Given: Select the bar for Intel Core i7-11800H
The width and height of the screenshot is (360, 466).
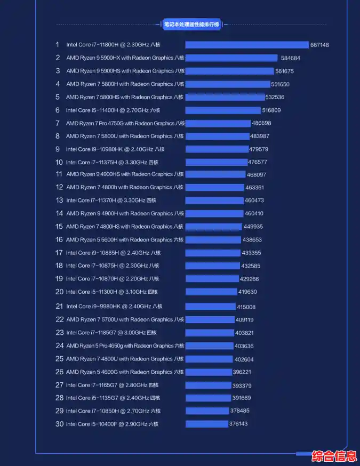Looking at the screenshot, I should click(x=247, y=45).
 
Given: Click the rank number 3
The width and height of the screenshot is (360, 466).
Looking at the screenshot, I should click(x=58, y=71).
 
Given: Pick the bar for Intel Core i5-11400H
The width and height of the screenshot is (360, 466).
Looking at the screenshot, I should click(x=223, y=110).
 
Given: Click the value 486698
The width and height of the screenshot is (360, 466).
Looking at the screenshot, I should click(x=261, y=123).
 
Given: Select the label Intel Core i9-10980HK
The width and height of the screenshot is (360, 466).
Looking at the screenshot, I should click(x=115, y=149).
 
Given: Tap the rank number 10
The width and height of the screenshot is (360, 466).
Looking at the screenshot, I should click(x=59, y=162).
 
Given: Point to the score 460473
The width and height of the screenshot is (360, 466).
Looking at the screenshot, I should click(x=254, y=200).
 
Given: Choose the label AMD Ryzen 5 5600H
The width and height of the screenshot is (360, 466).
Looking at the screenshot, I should click(x=125, y=240).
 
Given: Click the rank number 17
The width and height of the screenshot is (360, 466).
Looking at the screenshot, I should click(x=59, y=253).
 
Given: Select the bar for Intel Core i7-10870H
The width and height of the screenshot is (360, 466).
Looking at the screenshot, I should click(x=212, y=279).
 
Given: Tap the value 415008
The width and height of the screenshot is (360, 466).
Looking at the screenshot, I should click(x=246, y=307).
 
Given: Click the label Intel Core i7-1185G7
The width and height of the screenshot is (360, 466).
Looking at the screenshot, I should click(x=111, y=333).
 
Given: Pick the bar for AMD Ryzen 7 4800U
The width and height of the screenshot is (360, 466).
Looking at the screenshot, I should click(x=209, y=359).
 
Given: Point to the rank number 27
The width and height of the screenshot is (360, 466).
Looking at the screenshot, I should click(x=59, y=385).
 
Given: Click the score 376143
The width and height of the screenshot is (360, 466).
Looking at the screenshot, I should click(x=238, y=424).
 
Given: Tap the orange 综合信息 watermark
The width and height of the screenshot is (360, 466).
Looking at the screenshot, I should click(x=334, y=456).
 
